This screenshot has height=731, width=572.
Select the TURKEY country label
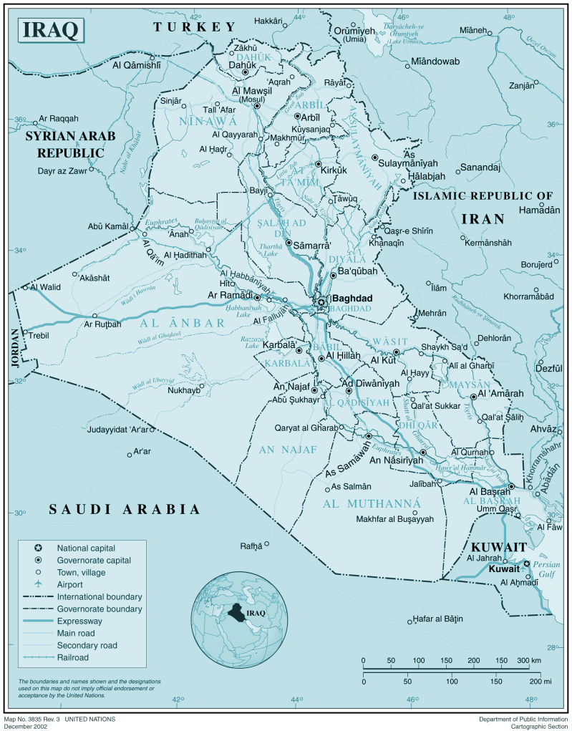point(194,26)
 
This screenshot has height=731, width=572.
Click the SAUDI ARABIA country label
point(124,509)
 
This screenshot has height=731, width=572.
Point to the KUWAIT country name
point(499,547)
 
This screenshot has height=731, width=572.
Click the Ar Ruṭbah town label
point(104,324)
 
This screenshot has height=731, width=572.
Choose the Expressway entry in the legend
point(79,621)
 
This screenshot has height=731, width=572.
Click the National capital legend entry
point(86,548)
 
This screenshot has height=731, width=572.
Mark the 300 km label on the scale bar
point(528,660)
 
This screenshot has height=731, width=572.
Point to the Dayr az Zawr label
point(64,171)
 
